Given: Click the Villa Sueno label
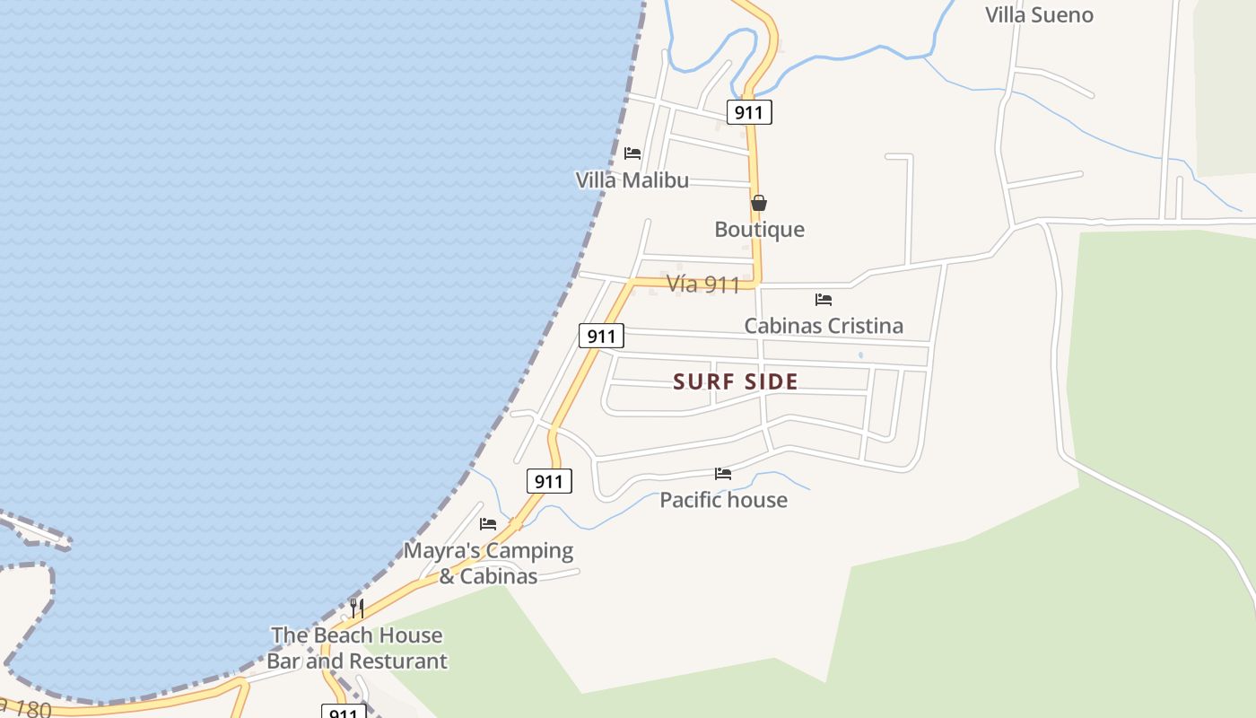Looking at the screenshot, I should pyautogui.click(x=1039, y=15).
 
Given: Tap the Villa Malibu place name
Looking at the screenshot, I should pyautogui.click(x=632, y=180).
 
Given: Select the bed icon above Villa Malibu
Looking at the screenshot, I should pyautogui.click(x=632, y=153).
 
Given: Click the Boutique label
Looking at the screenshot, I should pyautogui.click(x=759, y=230).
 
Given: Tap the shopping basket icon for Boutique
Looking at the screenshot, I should pyautogui.click(x=759, y=204).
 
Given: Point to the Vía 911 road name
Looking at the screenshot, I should pyautogui.click(x=703, y=285).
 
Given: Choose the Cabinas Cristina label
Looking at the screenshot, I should pyautogui.click(x=824, y=326).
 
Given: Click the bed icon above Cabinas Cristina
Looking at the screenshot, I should pyautogui.click(x=824, y=300).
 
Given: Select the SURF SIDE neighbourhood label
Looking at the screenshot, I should pyautogui.click(x=736, y=382).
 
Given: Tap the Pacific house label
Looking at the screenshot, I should pyautogui.click(x=723, y=500).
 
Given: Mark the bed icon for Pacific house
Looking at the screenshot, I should pyautogui.click(x=723, y=474).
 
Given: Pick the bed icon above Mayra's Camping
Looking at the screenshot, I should pyautogui.click(x=488, y=524).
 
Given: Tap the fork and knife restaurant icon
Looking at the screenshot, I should pyautogui.click(x=357, y=609).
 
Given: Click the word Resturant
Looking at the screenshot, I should pyautogui.click(x=397, y=661).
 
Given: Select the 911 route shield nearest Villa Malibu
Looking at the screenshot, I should pyautogui.click(x=749, y=112).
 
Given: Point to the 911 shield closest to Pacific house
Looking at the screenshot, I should pyautogui.click(x=548, y=481).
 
